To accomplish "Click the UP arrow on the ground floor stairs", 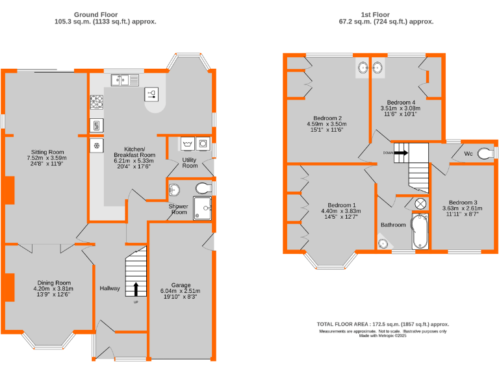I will point(136,290).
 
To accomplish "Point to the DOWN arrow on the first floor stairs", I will point(401,153).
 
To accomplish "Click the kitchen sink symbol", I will point(119,80).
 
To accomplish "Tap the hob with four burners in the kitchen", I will point(97,102).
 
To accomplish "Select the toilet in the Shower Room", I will point(203,188).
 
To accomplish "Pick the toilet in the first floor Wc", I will point(484,154).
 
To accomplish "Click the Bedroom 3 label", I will point(463,202).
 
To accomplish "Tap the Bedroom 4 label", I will point(401,103).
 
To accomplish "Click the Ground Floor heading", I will point(95,14).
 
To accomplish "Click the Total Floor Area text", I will point(383,324).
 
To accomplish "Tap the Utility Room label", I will point(190,162).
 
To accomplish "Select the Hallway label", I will point(110,288).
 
